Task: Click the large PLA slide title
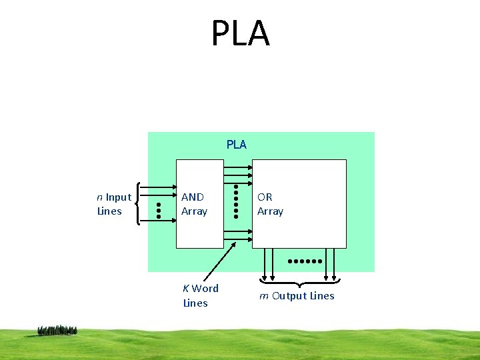point(240,33)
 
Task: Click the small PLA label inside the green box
point(236,145)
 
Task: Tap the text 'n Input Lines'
point(114,204)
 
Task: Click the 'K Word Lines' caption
point(200,295)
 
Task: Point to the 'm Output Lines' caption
point(297,296)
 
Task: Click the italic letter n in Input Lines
point(99,197)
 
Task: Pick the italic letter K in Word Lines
point(186,289)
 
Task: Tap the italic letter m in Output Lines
point(264,296)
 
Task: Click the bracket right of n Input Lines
point(137,203)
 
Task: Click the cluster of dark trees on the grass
point(57,330)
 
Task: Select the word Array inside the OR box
point(270,211)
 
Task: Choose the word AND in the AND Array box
point(193,197)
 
